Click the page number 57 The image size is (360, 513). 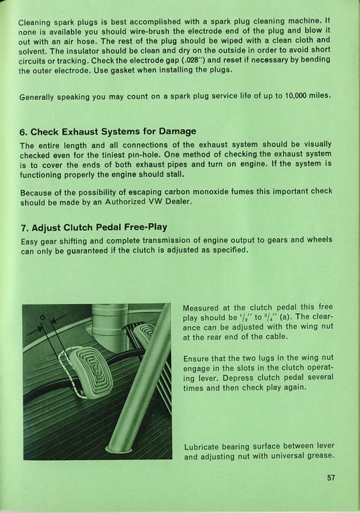[x=331, y=478]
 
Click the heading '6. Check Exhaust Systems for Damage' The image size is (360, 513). [x=108, y=131]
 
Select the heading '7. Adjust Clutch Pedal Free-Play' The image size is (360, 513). [x=94, y=228]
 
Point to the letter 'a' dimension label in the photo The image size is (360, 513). [x=42, y=317]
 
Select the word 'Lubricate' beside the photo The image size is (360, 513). [x=201, y=447]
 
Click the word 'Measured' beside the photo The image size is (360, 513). [x=201, y=308]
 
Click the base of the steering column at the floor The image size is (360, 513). [x=118, y=449]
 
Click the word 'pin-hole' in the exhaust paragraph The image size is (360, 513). [x=146, y=155]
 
